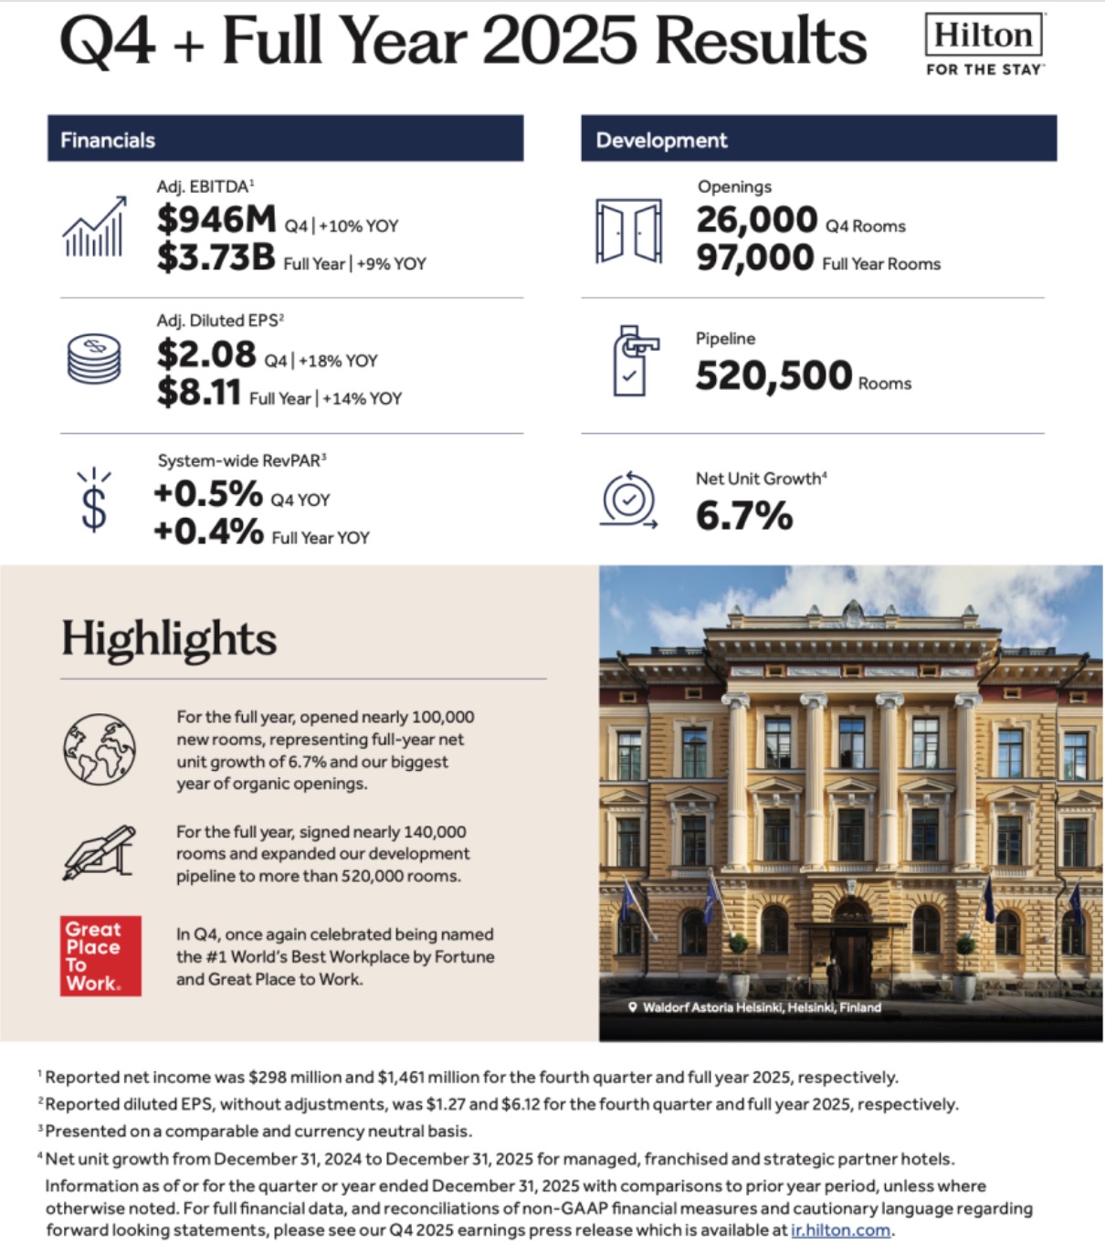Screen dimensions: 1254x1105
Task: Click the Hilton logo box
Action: coord(984,36)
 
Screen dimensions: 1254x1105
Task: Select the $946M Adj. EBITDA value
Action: coord(216,220)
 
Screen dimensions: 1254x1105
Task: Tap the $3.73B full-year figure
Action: coord(216,258)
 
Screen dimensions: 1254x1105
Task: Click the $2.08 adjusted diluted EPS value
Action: coord(206,354)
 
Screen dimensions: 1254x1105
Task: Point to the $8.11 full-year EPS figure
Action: coord(199,393)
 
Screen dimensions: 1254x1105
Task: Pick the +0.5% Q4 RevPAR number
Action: coord(208,494)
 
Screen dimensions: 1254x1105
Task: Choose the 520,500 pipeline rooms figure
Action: coord(773,376)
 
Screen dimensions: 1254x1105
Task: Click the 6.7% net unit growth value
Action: coord(744,517)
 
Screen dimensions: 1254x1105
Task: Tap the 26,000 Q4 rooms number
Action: coord(756,220)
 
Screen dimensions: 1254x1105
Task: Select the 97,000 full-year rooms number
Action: coord(754,258)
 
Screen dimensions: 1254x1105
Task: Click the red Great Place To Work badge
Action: coord(100,955)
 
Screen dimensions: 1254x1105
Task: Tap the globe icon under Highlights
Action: coord(100,750)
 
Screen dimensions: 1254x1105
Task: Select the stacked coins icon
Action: coord(94,358)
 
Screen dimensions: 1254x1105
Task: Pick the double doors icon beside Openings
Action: coord(629,231)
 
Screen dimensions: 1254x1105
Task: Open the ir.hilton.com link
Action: coord(840,1230)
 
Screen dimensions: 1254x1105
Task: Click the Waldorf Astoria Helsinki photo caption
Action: coord(761,1007)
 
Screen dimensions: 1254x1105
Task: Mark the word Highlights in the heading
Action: coord(169,638)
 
